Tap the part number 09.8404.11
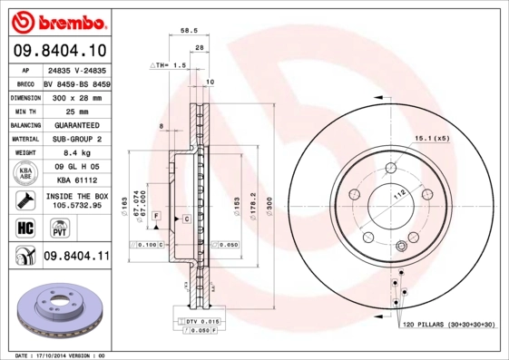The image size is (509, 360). pyautogui.click(x=76, y=258)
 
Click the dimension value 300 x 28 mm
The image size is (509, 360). pyautogui.click(x=76, y=95)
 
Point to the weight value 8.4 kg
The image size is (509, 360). pyautogui.click(x=76, y=153)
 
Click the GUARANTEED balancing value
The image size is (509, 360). pyautogui.click(x=76, y=124)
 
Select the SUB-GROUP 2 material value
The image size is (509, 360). pyautogui.click(x=76, y=139)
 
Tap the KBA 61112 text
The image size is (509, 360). pyautogui.click(x=76, y=181)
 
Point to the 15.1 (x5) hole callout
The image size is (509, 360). pyautogui.click(x=432, y=138)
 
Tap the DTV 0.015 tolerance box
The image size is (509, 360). pyautogui.click(x=201, y=322)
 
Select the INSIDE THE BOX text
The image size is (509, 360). pyautogui.click(x=76, y=196)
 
